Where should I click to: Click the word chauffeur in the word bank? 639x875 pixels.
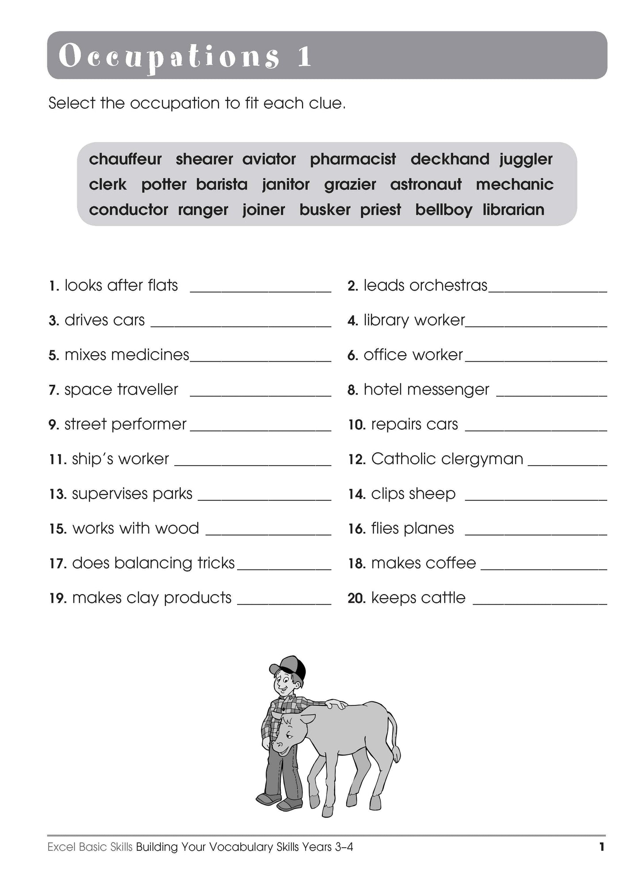tap(125, 159)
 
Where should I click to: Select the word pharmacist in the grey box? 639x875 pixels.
tap(352, 159)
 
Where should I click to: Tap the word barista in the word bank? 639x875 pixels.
tap(222, 184)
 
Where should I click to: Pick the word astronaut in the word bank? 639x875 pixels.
tap(425, 184)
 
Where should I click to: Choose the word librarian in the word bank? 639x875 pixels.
tap(513, 209)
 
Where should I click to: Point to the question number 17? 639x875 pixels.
tap(57, 564)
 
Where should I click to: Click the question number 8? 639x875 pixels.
tap(352, 390)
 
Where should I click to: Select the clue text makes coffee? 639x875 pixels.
tap(423, 563)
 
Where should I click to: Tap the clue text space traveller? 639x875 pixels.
tap(121, 390)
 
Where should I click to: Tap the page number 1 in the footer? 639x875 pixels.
tap(601, 847)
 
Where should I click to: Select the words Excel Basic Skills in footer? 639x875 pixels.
tap(90, 847)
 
